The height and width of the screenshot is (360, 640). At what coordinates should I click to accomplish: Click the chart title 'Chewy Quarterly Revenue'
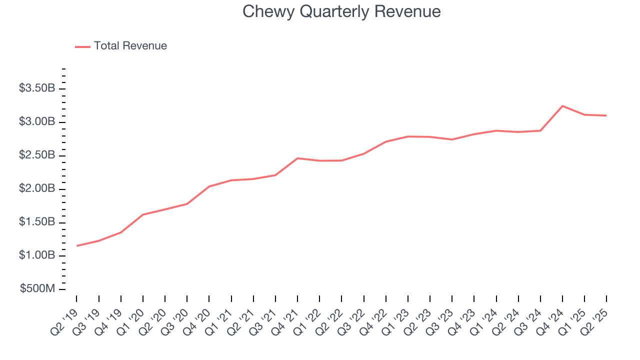coord(341,11)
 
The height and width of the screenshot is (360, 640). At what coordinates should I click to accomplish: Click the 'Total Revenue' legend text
coord(130,46)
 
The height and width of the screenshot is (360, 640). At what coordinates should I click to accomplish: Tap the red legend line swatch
coord(82,46)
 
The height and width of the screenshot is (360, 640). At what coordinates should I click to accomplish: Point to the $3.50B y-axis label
coord(37,88)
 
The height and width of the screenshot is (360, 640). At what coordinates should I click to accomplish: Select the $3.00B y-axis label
coord(37,122)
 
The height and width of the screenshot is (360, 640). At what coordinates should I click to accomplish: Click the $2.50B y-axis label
coord(37,155)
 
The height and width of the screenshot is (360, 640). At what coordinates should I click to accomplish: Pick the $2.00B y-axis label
coord(37,189)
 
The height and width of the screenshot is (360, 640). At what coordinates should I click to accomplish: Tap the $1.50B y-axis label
coord(37,222)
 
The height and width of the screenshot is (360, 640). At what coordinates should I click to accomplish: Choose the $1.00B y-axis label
coord(37,255)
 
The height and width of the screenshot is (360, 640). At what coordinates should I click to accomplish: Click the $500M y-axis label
coord(38,289)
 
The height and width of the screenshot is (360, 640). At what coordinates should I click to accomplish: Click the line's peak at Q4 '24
coord(562,106)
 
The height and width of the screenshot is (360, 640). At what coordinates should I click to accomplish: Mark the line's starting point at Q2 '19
coord(77,245)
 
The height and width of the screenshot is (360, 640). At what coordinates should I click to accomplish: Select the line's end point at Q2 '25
coord(606,115)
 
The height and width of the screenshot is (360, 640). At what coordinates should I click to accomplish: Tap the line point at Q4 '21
coord(297,158)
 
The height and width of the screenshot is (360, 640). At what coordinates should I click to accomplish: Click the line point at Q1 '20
coord(143,214)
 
